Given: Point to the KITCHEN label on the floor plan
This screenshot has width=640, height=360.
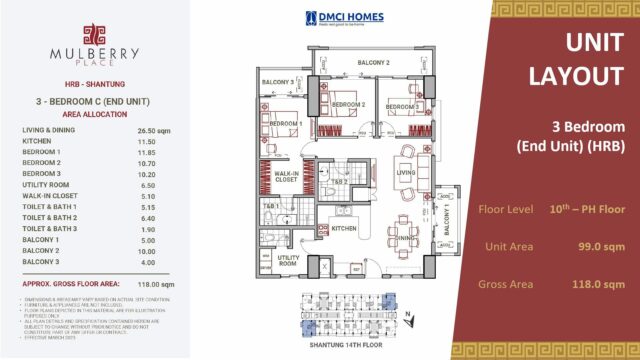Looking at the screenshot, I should coord(343,230).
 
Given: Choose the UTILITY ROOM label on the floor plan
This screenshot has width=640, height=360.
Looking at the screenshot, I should coord(290,261).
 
